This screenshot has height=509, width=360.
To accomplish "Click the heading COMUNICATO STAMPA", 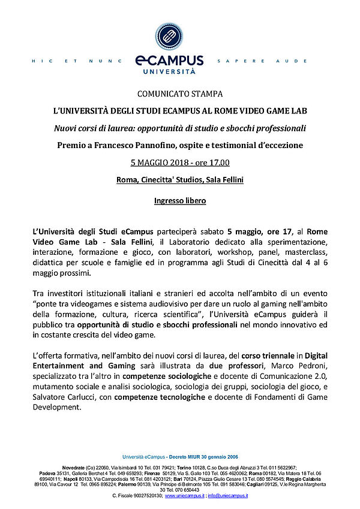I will tap(180, 94).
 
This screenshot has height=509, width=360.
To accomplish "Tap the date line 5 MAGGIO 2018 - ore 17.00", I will tap(180, 162).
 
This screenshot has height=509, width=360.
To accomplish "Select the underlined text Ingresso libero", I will tap(180, 201).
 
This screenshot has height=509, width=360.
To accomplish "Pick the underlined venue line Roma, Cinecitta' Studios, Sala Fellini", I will tap(180, 180).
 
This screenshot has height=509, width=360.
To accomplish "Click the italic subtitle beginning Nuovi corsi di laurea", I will tap(180, 128).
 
